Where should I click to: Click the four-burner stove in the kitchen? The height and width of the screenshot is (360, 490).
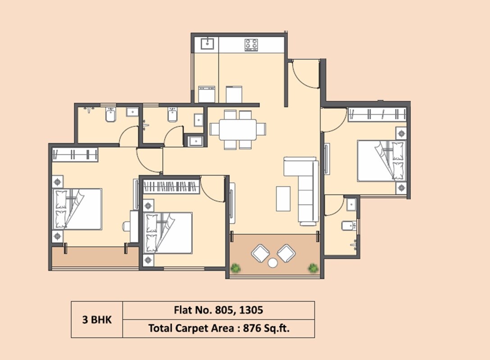click(251, 45)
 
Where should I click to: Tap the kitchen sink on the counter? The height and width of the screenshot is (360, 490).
click(207, 44)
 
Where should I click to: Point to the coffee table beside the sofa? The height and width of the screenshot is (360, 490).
click(283, 198)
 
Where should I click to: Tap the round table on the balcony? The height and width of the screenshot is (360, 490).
click(273, 263)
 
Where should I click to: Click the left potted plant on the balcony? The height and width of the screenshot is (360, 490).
click(235, 268)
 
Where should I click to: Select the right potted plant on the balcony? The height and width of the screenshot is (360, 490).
click(313, 268)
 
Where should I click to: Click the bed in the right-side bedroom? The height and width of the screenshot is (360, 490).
click(381, 161)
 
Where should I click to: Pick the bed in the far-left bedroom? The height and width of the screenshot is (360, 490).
click(77, 209)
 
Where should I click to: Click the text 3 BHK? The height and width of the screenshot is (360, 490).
click(96, 320)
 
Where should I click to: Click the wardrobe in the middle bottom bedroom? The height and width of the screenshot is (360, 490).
click(171, 186)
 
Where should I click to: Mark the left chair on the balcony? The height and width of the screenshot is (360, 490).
click(260, 253)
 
